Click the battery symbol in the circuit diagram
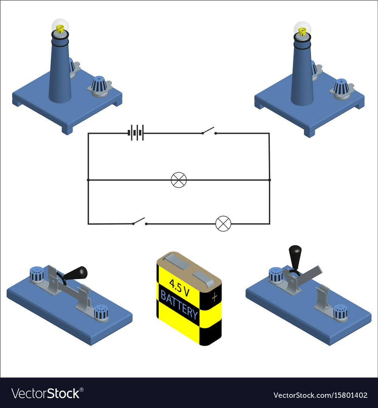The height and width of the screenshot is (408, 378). point(136,133)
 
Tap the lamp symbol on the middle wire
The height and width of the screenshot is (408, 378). point(178,180)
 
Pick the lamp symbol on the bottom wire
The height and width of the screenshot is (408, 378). point(223,224)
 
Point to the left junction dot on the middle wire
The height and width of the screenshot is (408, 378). point(88,180)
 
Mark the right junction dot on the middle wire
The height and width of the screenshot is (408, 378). point(270,180)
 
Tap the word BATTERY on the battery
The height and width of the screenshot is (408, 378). point(179,304)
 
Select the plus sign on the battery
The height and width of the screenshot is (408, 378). point(215,297)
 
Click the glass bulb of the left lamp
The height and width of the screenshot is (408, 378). point(60,26)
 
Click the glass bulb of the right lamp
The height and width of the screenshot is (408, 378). point(302,29)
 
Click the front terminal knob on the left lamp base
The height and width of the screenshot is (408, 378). point(99,86)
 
